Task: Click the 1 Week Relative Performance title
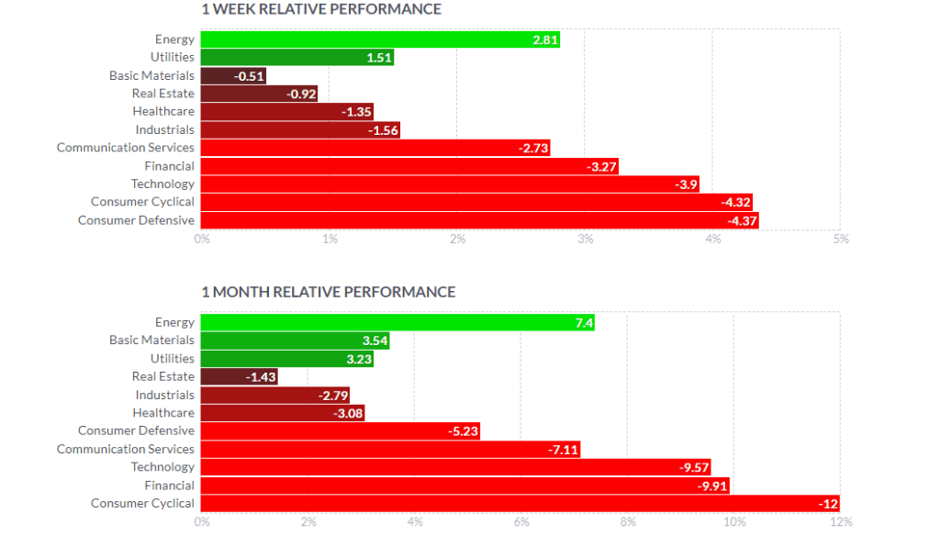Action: coord(321,9)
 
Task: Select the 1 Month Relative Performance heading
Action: coord(328,292)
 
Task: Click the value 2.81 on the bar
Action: coord(544,39)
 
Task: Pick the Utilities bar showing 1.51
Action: coord(297,58)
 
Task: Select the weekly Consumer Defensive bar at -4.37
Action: coord(479,220)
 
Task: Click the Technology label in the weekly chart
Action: coord(162,184)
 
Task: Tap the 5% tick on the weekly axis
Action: coord(841,239)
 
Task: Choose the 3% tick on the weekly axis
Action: coord(585,239)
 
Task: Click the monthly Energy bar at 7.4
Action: coord(397,322)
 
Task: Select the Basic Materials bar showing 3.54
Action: coord(295,340)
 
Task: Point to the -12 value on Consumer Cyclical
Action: coord(828,504)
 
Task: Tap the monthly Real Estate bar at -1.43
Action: coord(239,376)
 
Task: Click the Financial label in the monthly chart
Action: coord(169,485)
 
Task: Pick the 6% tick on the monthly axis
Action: coord(520,522)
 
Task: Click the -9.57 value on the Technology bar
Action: coord(692,467)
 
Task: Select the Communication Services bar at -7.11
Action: coord(390,449)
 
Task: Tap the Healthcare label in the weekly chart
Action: coord(163,111)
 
